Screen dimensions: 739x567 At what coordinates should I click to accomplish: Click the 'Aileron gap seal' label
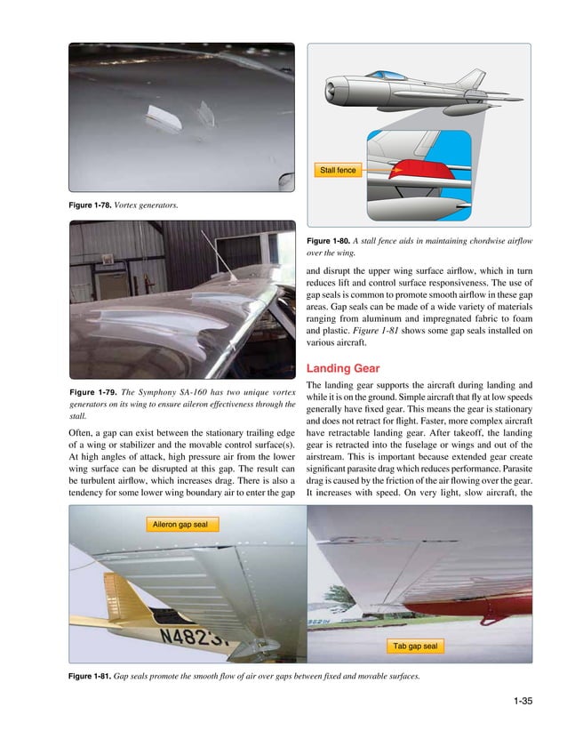(180, 525)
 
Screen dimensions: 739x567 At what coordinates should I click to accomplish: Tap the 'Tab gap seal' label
(416, 645)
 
